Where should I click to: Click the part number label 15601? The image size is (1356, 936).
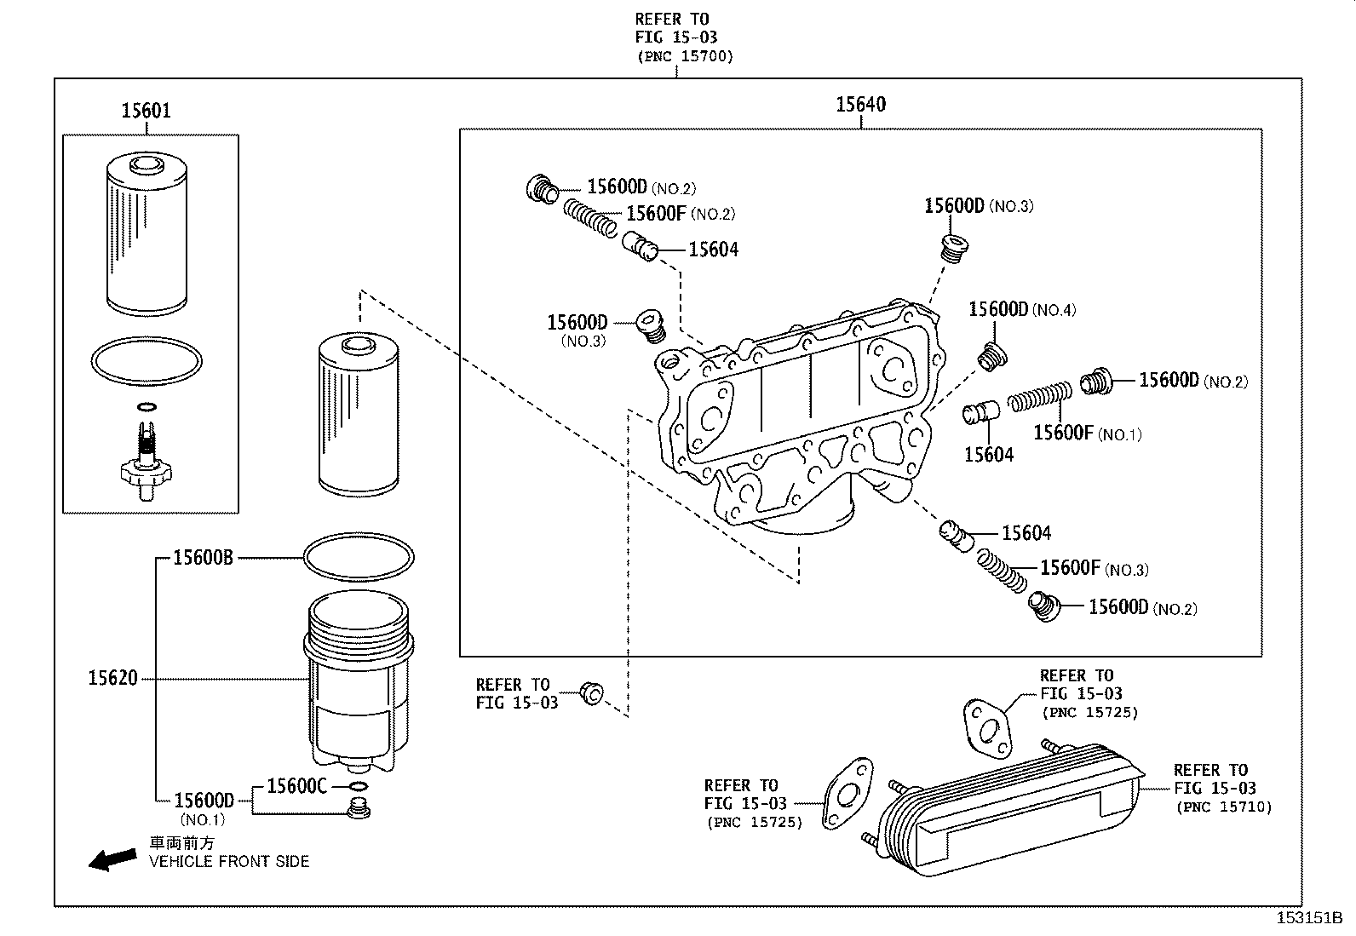pyautogui.click(x=146, y=110)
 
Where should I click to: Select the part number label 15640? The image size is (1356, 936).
pyautogui.click(x=860, y=104)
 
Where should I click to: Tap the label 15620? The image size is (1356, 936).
pyautogui.click(x=112, y=679)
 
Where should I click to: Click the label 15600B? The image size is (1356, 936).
pyautogui.click(x=203, y=558)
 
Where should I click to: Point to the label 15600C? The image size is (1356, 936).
pyautogui.click(x=296, y=785)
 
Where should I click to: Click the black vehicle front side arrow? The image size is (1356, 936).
pyautogui.click(x=112, y=859)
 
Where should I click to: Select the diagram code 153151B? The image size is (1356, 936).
pyautogui.click(x=1308, y=918)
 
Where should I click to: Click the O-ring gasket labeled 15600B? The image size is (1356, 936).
pyautogui.click(x=359, y=558)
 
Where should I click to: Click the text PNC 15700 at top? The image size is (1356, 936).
pyautogui.click(x=685, y=56)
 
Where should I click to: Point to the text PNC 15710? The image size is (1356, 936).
pyautogui.click(x=1223, y=807)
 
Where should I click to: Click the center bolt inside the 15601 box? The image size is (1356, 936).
pyautogui.click(x=147, y=456)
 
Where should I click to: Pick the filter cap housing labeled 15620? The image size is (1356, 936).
pyautogui.click(x=358, y=681)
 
